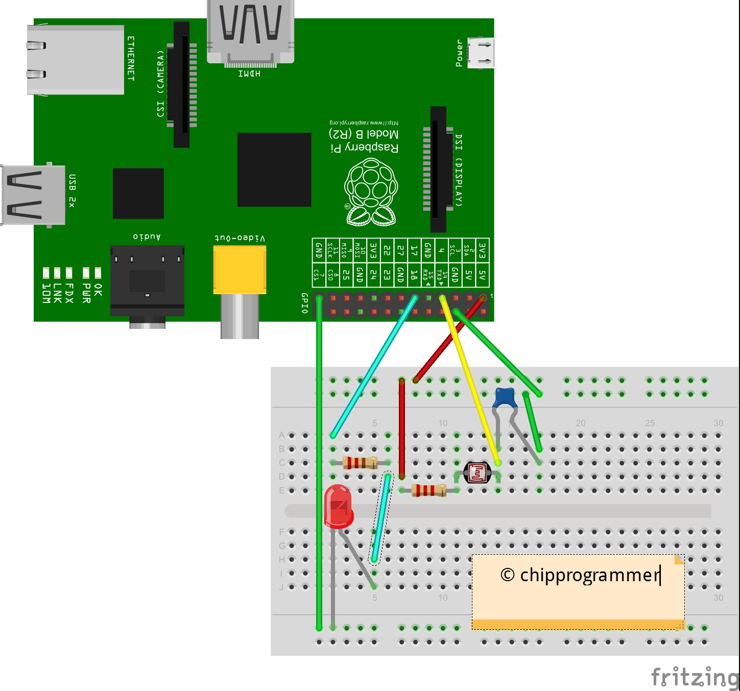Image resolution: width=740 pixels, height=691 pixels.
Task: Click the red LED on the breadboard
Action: point(338,506)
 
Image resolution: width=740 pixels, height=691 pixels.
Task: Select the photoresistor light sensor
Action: point(477,473)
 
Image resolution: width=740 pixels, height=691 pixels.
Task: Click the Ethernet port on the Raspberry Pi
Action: point(76,60)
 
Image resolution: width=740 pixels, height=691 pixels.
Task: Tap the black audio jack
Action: point(147,281)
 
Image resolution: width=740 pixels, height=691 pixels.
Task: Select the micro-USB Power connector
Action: point(481,53)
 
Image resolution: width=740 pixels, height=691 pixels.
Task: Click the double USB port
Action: point(34,195)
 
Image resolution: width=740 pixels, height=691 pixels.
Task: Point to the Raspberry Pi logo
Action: point(371,192)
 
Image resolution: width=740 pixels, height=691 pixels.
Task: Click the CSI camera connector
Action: point(181,84)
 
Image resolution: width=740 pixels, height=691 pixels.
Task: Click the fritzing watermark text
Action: point(695,677)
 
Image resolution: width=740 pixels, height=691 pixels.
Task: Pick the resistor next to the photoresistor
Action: point(429,490)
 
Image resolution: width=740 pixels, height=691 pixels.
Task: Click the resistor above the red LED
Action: point(360,463)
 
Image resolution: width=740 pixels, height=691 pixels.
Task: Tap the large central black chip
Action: point(274,170)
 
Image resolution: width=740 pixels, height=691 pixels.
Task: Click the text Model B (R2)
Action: point(364,134)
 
